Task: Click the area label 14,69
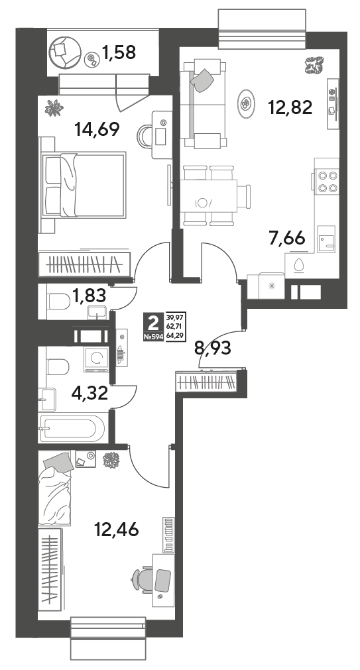[x=96, y=129]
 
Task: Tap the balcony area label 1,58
[x=119, y=52]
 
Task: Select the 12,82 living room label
[x=290, y=107]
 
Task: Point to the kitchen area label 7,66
[x=287, y=237]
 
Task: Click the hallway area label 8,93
[x=213, y=348]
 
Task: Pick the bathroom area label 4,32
[x=90, y=393]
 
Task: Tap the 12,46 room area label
[x=117, y=530]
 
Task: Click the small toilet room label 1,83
[x=89, y=296]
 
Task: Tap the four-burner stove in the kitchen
[x=328, y=181]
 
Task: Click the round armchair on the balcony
[x=64, y=51]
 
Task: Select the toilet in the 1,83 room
[x=58, y=302]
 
